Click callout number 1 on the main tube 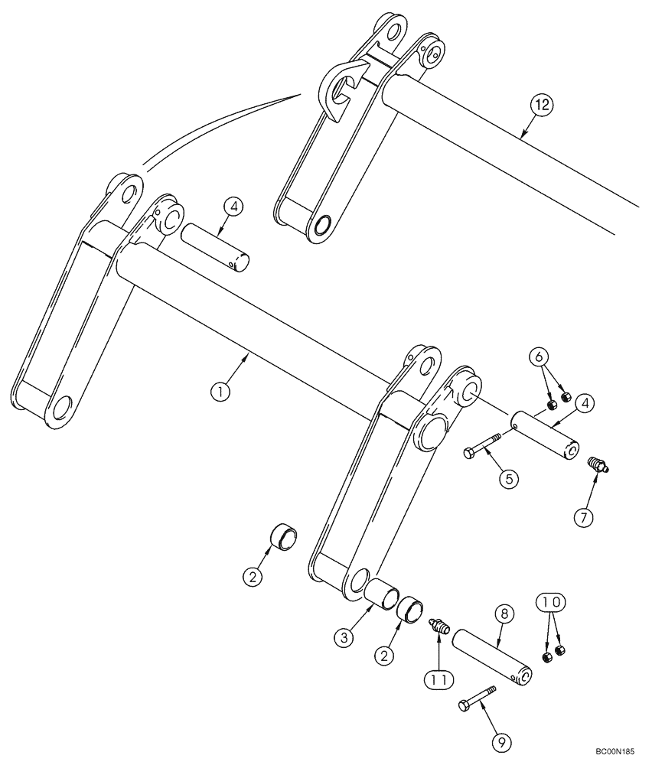point(220,391)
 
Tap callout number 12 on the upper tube point(542,106)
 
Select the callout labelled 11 point(440,678)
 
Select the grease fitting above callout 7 point(597,464)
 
